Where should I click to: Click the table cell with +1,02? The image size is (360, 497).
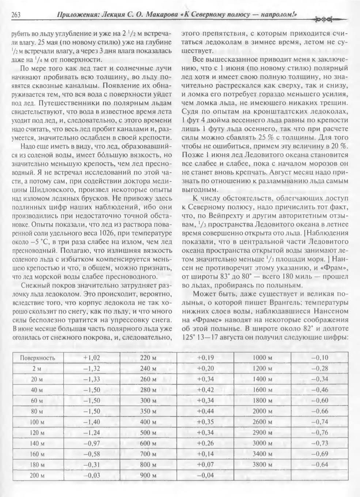point(91,358)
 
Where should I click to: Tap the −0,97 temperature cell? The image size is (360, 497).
point(91,443)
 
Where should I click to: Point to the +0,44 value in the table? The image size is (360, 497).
point(205,411)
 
